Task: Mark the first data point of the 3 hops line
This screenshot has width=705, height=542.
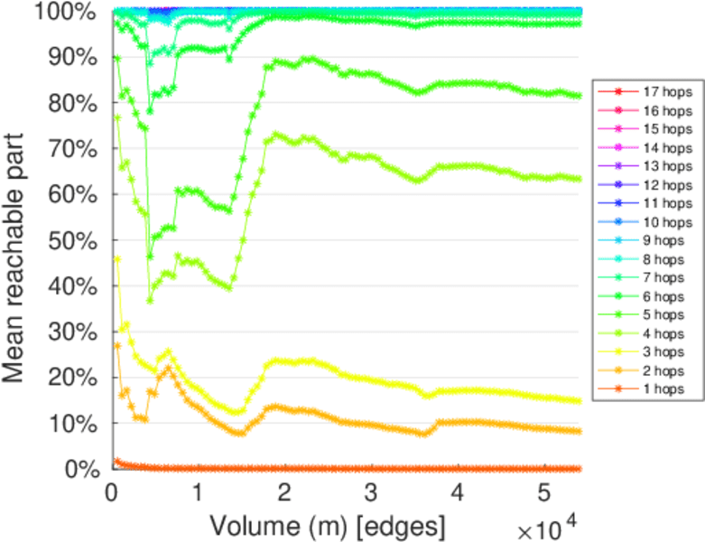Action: pyautogui.click(x=117, y=259)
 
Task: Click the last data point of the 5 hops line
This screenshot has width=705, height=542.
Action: pyautogui.click(x=579, y=95)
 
